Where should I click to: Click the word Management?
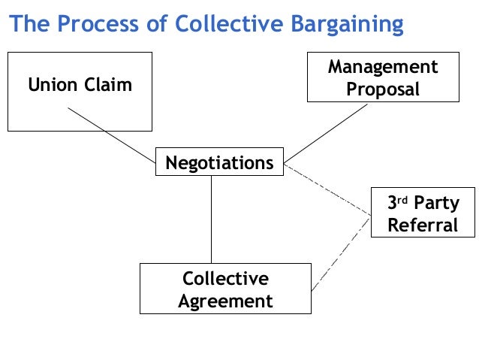(382, 68)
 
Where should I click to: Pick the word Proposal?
(382, 89)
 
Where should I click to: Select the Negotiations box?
(219, 162)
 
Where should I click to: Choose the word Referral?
(423, 225)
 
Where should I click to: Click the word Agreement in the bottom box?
(225, 301)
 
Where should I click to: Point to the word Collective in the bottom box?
(225, 279)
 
